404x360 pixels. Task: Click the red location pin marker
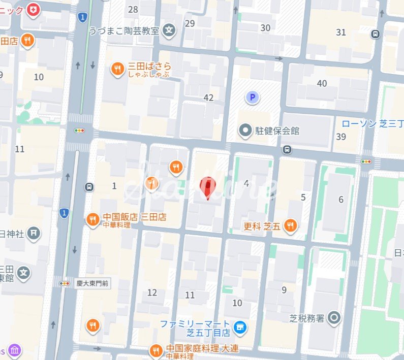(x=207, y=187)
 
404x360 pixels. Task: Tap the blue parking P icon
(x=252, y=96)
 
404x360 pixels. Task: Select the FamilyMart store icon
(x=240, y=328)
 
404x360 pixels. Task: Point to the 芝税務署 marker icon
(x=334, y=318)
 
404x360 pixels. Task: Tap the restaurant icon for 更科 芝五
(x=290, y=225)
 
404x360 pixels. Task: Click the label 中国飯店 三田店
(x=134, y=217)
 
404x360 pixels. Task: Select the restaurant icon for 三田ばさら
(x=117, y=69)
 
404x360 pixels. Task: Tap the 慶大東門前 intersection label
(x=91, y=283)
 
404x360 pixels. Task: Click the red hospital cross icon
(x=34, y=10)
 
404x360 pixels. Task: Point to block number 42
(x=208, y=97)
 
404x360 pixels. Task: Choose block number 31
(x=341, y=32)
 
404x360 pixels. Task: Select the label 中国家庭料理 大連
(x=202, y=349)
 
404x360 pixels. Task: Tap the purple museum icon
(x=15, y=351)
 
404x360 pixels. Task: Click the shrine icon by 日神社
(x=33, y=233)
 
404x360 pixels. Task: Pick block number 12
(x=152, y=292)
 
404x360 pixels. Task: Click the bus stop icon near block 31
(x=375, y=34)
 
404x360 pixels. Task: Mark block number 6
(x=341, y=200)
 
